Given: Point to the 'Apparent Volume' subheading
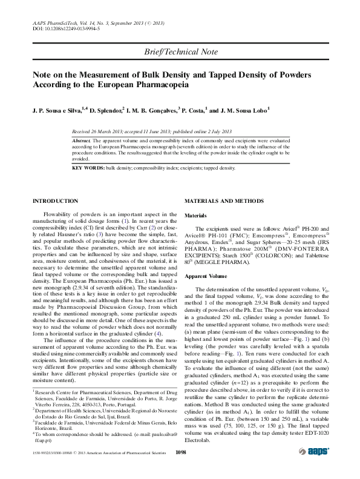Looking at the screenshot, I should point(204,276).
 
